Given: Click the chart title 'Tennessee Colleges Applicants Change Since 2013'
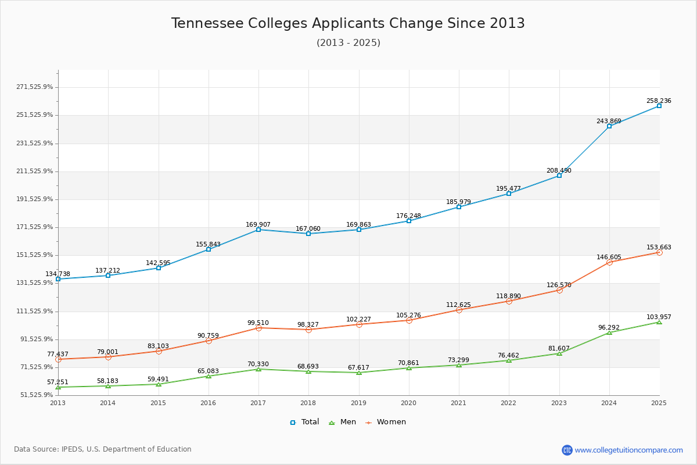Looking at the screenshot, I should click(x=348, y=23).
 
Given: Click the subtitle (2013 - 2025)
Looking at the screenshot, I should click(x=348, y=43).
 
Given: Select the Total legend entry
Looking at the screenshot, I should click(x=304, y=422).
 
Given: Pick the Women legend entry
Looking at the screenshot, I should click(x=386, y=422).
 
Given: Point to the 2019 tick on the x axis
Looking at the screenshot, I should click(x=358, y=402).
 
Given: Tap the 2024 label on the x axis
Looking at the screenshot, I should click(x=609, y=402).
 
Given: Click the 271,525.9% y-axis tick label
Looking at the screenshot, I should click(x=34, y=87).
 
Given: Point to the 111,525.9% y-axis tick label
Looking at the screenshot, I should click(x=34, y=311).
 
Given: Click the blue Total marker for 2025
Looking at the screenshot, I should click(x=659, y=106).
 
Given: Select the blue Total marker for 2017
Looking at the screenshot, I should click(x=258, y=230).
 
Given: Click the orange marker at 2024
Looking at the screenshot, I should click(x=609, y=262).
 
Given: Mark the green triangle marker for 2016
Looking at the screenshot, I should click(x=209, y=376).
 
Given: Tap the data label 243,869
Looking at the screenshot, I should click(x=609, y=121).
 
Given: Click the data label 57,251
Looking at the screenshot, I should click(x=58, y=382).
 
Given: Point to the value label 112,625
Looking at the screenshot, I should click(x=458, y=305).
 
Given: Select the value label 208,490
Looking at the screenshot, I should click(x=559, y=171).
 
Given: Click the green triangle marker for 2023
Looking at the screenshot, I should click(x=559, y=353).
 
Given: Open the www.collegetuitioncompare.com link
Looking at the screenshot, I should click(x=628, y=450).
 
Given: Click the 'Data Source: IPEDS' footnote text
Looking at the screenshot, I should click(x=103, y=449).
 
